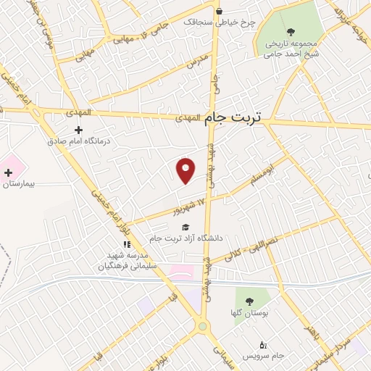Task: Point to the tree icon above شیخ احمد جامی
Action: (x=291, y=30)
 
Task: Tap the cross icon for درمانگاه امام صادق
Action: (x=78, y=129)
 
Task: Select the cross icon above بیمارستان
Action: (x=9, y=172)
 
